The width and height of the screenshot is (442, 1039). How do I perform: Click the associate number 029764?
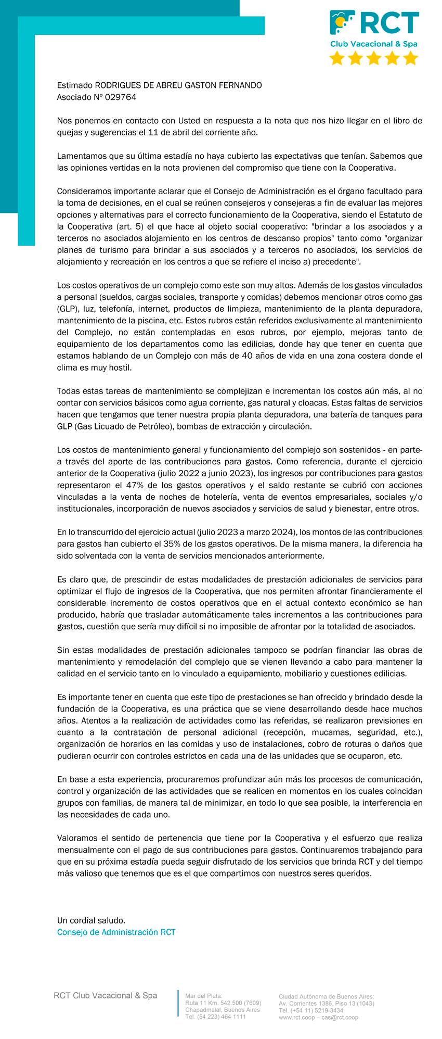coord(121,97)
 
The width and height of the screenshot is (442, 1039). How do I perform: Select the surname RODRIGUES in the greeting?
coord(121,85)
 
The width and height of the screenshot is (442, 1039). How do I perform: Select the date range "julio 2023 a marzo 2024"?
coord(246,532)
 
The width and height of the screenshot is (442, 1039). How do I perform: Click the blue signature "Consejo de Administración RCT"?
coord(116,932)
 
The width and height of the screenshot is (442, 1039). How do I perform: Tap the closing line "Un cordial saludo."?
coord(91,920)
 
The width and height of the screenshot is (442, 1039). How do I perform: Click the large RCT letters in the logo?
coord(389,23)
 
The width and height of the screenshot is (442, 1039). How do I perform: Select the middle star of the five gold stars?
coord(374,58)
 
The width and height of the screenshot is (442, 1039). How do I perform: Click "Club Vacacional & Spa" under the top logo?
coord(374,44)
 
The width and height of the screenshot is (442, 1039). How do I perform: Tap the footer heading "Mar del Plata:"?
coord(204,996)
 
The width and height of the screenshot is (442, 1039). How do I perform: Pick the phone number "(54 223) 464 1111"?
coord(222,1017)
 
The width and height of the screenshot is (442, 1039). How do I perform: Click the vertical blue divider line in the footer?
coord(178,1004)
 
